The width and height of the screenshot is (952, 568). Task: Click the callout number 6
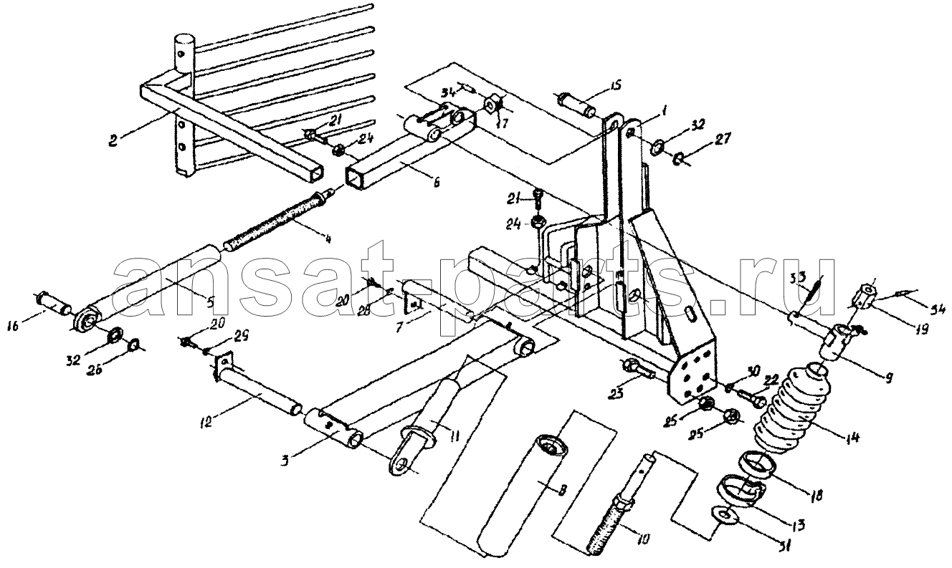click(435, 183)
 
